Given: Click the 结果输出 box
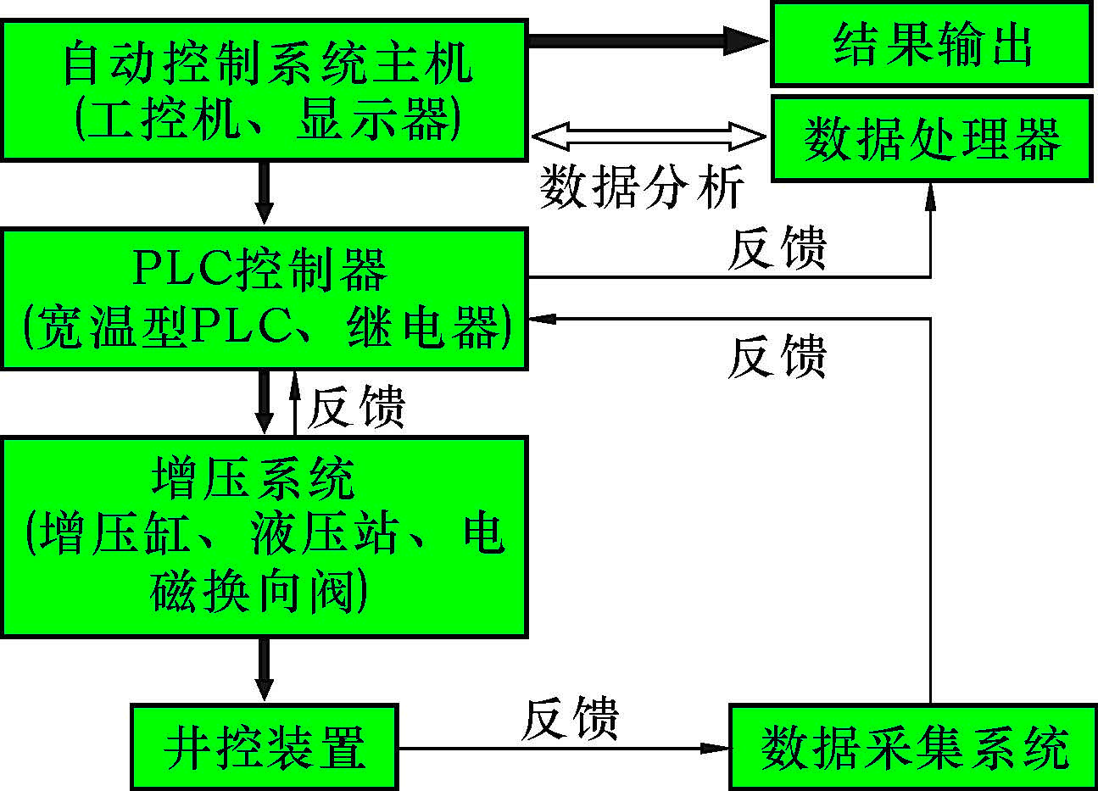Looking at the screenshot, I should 931,44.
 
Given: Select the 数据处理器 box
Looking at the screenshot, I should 931,139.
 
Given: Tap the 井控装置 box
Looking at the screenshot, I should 265,747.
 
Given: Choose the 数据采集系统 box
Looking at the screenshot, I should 913,747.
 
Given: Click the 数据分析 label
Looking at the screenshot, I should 642,187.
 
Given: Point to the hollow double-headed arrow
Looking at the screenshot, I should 649,136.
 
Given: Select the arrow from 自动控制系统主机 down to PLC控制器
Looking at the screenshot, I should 265,192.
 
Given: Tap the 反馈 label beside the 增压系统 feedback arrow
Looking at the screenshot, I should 356,408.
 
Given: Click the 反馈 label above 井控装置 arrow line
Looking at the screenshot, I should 570,720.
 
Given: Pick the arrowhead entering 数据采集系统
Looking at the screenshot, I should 716,748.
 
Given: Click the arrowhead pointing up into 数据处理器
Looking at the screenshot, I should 931,193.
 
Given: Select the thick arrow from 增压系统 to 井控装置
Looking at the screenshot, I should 265,669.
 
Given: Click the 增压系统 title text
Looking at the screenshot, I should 253,479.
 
